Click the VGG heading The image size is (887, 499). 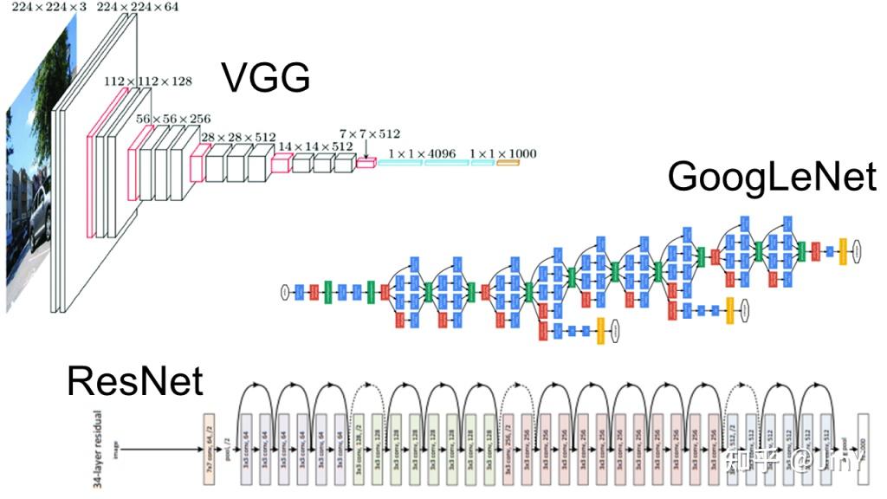click(x=266, y=77)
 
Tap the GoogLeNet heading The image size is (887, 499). click(x=772, y=177)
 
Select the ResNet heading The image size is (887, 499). click(x=135, y=381)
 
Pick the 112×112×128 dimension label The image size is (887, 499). click(x=148, y=81)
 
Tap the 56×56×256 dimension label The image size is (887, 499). click(x=173, y=118)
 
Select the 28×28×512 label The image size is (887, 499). click(x=238, y=137)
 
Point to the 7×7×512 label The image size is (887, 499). click(x=370, y=133)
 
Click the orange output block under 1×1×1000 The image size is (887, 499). click(x=508, y=163)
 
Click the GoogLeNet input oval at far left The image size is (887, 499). click(x=283, y=291)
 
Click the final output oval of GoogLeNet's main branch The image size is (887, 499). click(x=856, y=251)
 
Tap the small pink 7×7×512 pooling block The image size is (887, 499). click(x=366, y=162)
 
